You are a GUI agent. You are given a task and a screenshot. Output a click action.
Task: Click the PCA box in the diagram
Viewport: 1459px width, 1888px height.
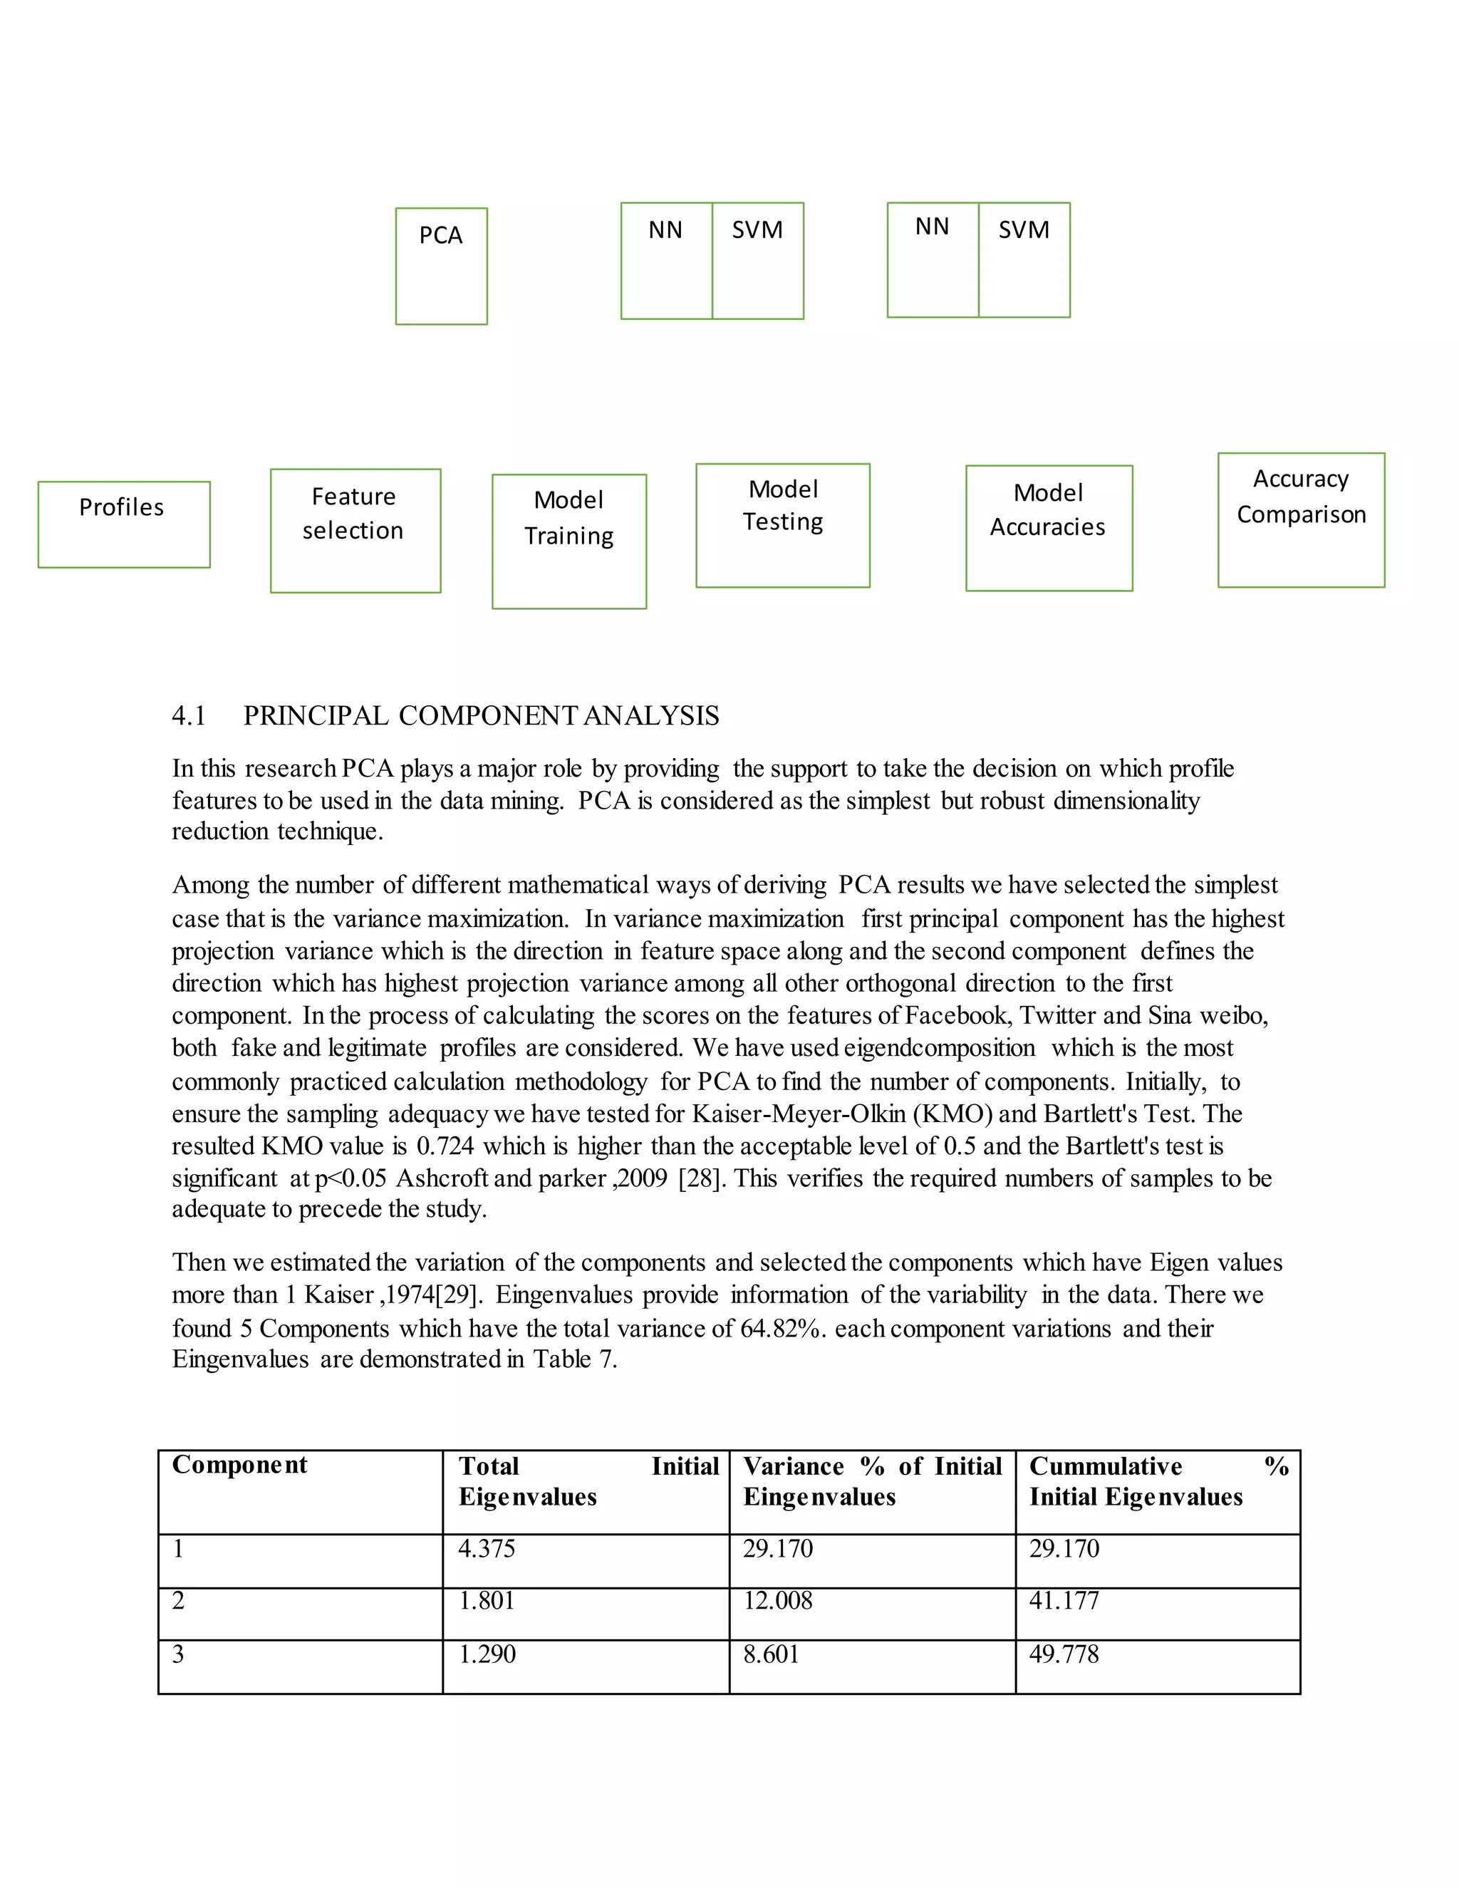441,266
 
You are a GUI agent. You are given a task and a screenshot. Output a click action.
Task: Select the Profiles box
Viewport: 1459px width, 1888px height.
123,524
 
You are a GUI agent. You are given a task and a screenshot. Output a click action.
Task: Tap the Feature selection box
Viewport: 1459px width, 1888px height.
355,530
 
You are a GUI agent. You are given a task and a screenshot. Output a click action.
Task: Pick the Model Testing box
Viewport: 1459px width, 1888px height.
782,525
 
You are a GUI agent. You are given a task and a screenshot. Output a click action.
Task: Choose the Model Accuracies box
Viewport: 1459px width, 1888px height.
1049,527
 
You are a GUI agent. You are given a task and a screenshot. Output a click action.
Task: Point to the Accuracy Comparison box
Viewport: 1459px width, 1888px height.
1301,519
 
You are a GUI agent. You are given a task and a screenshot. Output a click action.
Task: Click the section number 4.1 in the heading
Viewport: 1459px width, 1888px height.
188,716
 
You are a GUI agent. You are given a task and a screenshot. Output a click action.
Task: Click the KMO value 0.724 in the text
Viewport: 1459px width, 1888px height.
445,1146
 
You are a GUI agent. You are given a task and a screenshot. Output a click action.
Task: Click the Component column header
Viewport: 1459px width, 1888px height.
239,1464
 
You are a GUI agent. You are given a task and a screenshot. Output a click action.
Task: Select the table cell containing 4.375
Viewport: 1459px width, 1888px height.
487,1548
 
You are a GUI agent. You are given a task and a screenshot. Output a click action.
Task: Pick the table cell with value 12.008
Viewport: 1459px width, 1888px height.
778,1601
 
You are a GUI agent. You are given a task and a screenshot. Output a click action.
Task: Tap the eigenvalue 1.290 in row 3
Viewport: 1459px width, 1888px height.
487,1654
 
